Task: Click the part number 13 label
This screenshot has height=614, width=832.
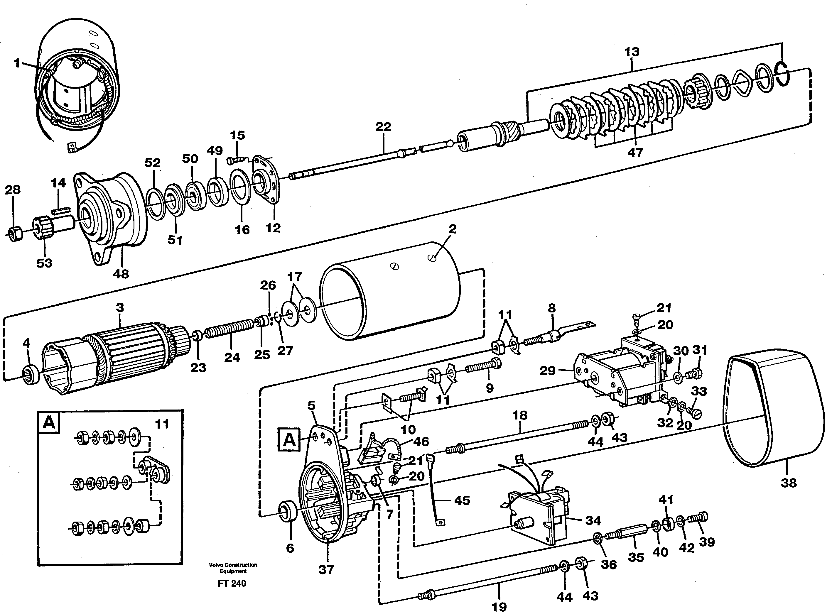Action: click(x=632, y=52)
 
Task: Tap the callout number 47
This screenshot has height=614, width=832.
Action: click(x=635, y=152)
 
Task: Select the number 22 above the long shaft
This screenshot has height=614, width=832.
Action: click(x=383, y=127)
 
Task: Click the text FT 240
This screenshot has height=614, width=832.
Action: click(x=232, y=583)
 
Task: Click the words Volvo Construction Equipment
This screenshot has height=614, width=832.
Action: click(x=233, y=568)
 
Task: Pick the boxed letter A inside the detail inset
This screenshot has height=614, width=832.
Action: click(x=49, y=423)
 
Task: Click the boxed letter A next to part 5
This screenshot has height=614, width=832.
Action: click(x=289, y=440)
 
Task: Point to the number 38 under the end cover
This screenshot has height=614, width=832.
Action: click(x=789, y=483)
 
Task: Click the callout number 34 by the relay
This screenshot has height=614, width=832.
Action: click(x=593, y=521)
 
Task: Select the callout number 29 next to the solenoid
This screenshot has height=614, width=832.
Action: click(x=548, y=371)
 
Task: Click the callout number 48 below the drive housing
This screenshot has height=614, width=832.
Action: click(x=121, y=274)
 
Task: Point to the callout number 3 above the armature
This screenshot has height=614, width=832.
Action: click(x=120, y=308)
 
